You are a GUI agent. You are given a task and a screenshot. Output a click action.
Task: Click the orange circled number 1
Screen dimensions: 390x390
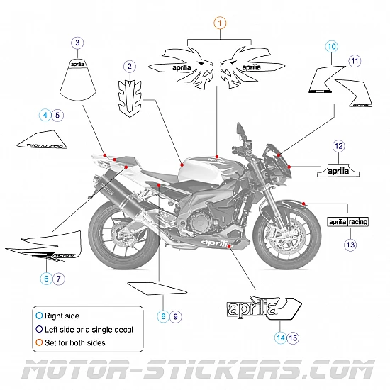click(219, 23)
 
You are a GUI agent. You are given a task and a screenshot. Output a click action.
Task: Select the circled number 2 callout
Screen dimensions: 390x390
click(129, 67)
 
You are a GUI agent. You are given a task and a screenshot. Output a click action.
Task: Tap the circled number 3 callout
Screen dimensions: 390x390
click(77, 43)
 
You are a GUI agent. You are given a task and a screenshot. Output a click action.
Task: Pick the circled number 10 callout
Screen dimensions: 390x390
click(331, 47)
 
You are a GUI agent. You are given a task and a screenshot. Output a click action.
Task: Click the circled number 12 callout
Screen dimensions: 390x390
click(339, 146)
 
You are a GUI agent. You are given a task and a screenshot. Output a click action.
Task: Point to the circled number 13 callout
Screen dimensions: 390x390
click(350, 244)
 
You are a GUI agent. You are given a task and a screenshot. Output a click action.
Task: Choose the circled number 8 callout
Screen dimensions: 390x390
click(163, 316)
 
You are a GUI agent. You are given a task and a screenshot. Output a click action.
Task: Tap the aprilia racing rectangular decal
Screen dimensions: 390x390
click(348, 222)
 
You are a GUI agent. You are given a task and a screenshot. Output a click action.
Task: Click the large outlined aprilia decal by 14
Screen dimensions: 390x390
click(262, 310)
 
